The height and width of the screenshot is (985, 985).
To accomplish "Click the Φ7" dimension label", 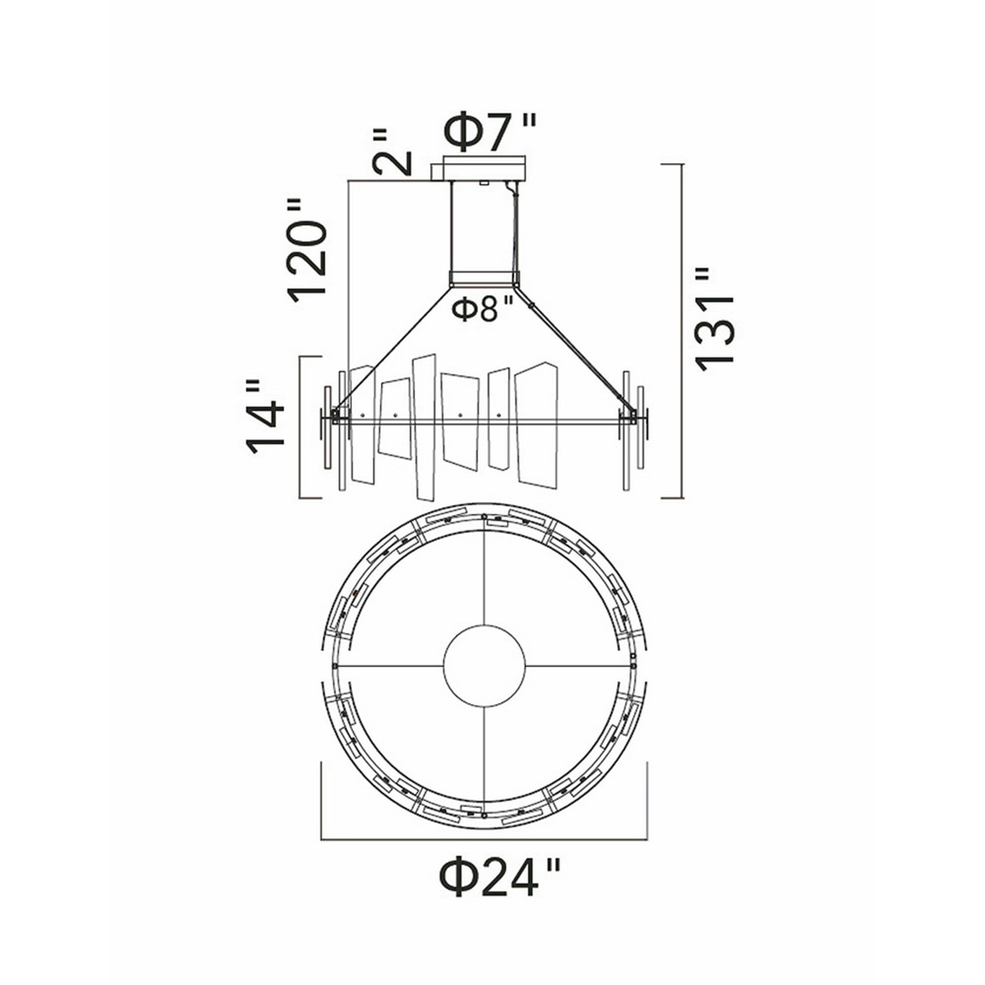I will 490,132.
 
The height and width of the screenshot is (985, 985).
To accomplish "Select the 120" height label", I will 306,250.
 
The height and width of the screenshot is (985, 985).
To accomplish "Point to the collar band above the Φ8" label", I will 483,279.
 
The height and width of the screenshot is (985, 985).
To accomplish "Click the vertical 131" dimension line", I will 682,331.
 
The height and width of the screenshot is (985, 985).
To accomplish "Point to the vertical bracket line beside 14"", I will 300,427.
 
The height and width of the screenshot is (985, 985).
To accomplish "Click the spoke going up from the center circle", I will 484,581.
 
